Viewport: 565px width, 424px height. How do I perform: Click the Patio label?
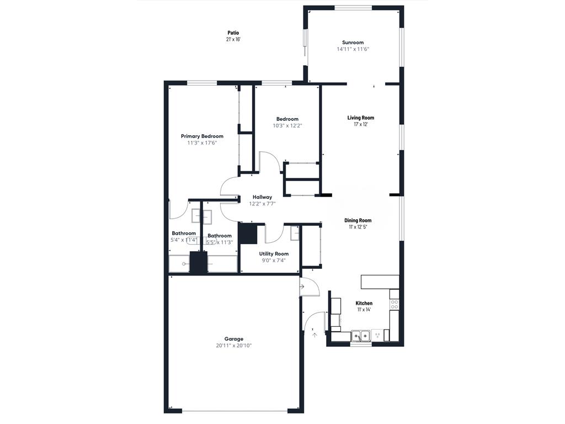point(233,33)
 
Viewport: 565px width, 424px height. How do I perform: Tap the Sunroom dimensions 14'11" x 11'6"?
point(353,49)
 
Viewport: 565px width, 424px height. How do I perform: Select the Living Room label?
point(360,118)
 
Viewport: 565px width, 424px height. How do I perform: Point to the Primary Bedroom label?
point(202,136)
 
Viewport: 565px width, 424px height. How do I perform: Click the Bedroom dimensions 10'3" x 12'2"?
point(287,125)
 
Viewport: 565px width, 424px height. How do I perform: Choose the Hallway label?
point(262,197)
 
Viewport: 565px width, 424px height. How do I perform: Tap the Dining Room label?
point(358,220)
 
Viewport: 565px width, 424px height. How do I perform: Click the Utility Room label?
point(274,254)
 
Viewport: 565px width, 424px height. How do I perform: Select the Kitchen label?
point(364,303)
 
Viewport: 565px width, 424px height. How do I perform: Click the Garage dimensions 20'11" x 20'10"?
point(233,346)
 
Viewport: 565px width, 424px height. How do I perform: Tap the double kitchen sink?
point(361,335)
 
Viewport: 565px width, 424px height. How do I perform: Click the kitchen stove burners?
point(395,303)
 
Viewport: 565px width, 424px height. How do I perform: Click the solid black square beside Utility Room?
point(249,233)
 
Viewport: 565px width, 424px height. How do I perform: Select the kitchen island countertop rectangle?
point(380,282)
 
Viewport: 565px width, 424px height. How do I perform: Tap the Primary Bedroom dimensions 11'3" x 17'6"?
point(202,143)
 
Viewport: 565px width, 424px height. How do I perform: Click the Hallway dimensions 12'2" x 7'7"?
point(262,204)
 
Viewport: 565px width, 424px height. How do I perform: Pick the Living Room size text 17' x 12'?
point(360,124)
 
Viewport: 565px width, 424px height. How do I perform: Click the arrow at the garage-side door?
point(302,287)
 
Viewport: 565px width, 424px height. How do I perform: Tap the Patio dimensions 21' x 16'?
point(233,39)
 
